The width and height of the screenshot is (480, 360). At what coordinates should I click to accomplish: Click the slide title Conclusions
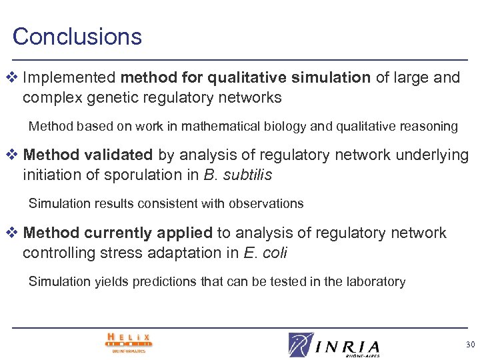pos(77,36)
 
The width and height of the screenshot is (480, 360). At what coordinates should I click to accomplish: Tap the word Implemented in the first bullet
pos(64,78)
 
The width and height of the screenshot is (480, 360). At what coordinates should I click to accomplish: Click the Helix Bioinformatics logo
pos(129,343)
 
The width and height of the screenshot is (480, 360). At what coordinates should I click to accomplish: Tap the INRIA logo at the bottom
pos(335,344)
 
